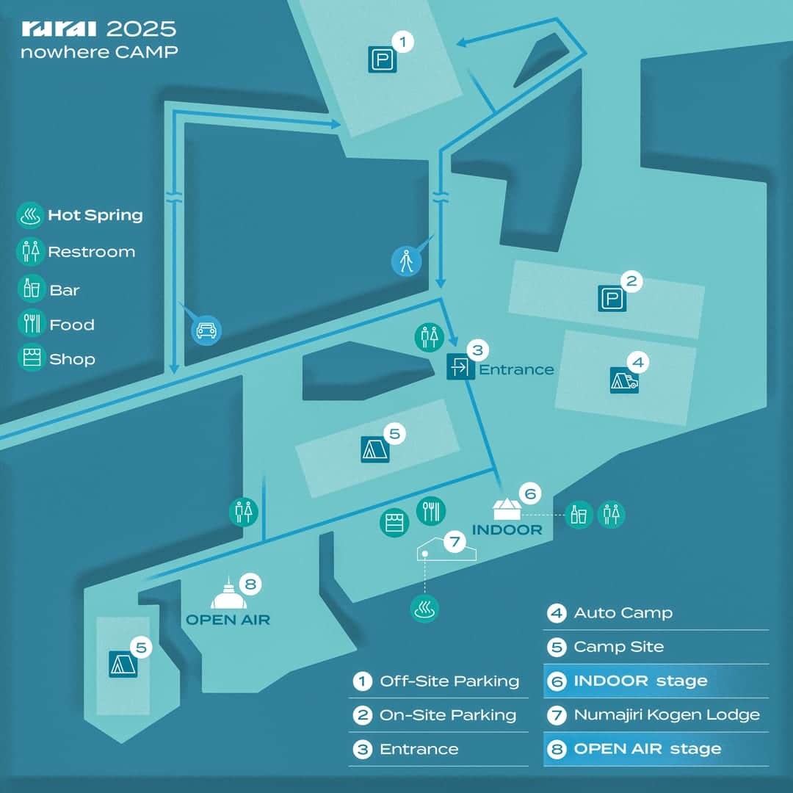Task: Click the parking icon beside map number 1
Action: [382, 59]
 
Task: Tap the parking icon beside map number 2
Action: [612, 298]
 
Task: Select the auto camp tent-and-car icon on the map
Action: [624, 380]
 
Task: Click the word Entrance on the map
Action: [516, 369]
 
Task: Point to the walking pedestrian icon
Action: [406, 261]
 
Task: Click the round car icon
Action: [206, 330]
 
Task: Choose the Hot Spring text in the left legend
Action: [95, 215]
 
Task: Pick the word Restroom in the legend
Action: [92, 252]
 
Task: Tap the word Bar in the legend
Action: [65, 290]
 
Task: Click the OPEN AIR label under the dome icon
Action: [228, 620]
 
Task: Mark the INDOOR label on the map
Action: [507, 529]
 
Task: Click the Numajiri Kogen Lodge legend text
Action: [667, 714]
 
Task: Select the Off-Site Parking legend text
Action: [449, 681]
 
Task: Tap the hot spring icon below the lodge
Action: [424, 608]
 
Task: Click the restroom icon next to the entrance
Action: [430, 336]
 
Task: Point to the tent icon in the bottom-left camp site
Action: [123, 663]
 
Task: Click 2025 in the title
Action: [142, 29]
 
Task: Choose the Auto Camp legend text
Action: [623, 612]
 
